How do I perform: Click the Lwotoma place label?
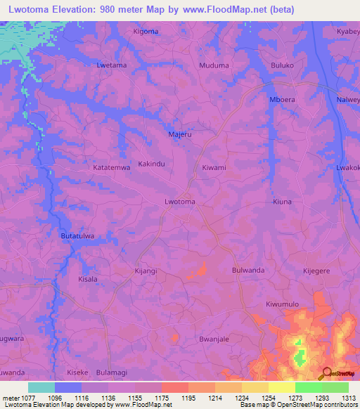[179, 202]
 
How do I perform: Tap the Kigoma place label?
[146, 32]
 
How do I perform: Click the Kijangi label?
[146, 270]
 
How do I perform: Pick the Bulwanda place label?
[247, 270]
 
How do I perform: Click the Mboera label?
[282, 100]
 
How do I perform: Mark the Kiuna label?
[282, 202]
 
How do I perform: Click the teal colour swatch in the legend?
[41, 387]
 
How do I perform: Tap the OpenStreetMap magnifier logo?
[326, 372]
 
